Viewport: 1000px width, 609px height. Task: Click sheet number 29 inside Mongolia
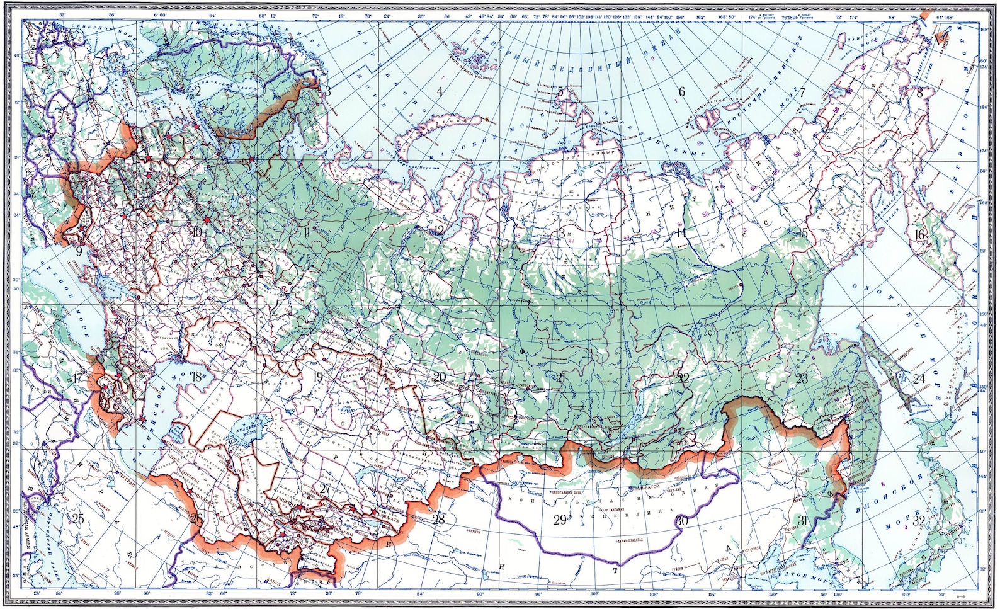560,520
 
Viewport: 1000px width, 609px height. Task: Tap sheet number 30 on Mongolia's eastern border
681,520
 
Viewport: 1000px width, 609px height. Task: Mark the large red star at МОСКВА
207,220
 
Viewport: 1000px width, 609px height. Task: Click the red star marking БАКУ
143,419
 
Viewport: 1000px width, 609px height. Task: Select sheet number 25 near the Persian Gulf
78,520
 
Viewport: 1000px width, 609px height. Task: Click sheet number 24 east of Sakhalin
919,378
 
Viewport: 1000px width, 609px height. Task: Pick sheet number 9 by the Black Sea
79,251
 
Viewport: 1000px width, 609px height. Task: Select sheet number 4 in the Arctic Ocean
440,91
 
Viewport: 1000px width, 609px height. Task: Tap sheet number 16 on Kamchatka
920,234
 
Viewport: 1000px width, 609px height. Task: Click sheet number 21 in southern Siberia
560,377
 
